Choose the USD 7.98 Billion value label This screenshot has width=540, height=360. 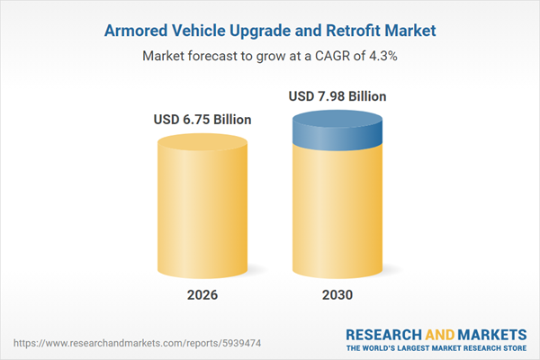coord(338,95)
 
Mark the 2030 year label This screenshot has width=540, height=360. coord(338,295)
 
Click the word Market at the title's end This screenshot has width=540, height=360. coord(409,30)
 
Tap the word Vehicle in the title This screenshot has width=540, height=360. coord(204,30)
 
